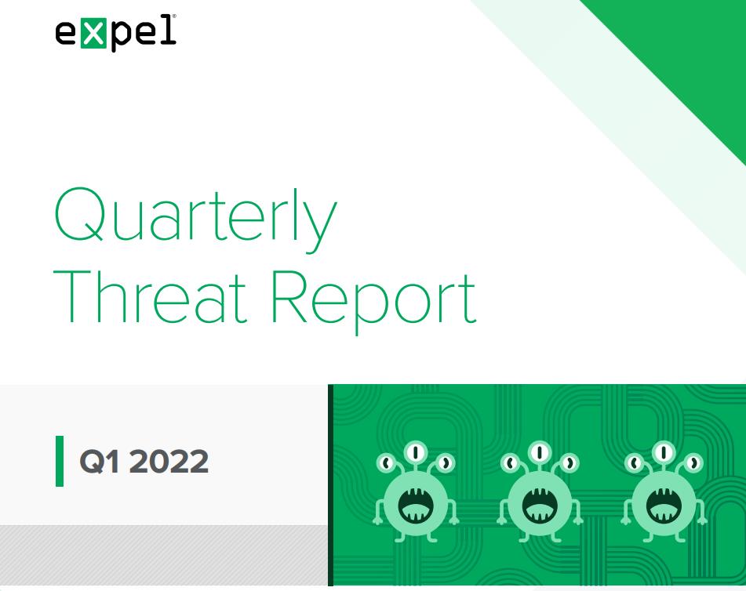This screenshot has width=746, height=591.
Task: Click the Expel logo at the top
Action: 115,32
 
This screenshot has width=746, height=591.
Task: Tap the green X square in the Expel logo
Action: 93,34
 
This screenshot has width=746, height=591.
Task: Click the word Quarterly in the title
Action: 196,220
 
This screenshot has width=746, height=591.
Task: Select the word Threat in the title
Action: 151,297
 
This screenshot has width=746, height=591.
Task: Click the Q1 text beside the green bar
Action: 100,461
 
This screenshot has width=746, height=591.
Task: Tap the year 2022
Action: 169,461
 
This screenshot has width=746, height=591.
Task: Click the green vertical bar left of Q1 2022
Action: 60,461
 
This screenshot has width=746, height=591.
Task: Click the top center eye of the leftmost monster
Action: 415,451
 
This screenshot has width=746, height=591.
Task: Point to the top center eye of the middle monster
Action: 540,451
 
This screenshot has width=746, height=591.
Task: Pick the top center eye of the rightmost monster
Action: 664,451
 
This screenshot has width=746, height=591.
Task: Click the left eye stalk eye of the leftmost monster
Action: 385,462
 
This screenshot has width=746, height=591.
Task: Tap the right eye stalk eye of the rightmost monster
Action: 693,462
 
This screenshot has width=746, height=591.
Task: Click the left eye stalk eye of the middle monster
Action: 510,462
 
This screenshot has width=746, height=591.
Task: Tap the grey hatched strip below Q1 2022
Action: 164,556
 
